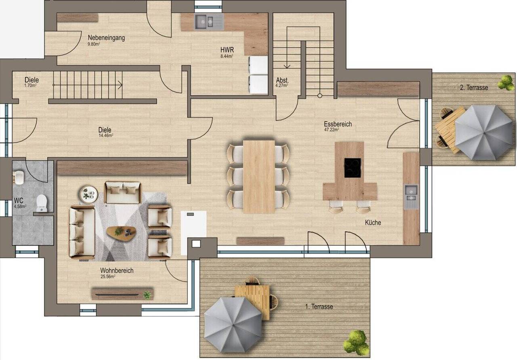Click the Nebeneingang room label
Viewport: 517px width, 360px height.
106,38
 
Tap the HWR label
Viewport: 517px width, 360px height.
227,50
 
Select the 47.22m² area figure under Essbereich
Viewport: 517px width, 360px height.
332,130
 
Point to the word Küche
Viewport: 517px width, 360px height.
373,223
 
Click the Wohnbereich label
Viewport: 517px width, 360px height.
117,270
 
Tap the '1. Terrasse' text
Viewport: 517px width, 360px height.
319,307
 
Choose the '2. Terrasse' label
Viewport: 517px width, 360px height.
474,88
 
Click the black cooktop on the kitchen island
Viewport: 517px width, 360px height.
353,168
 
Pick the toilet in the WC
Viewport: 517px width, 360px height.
42,203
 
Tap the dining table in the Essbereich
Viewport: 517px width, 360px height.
259,177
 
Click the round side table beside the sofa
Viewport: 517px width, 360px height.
89,194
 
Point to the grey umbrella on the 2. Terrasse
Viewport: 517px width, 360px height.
483,133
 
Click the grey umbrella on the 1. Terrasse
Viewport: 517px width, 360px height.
233,325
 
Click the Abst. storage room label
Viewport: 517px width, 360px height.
282,80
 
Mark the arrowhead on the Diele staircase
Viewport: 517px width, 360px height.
120,85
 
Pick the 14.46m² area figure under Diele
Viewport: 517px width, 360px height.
106,135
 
